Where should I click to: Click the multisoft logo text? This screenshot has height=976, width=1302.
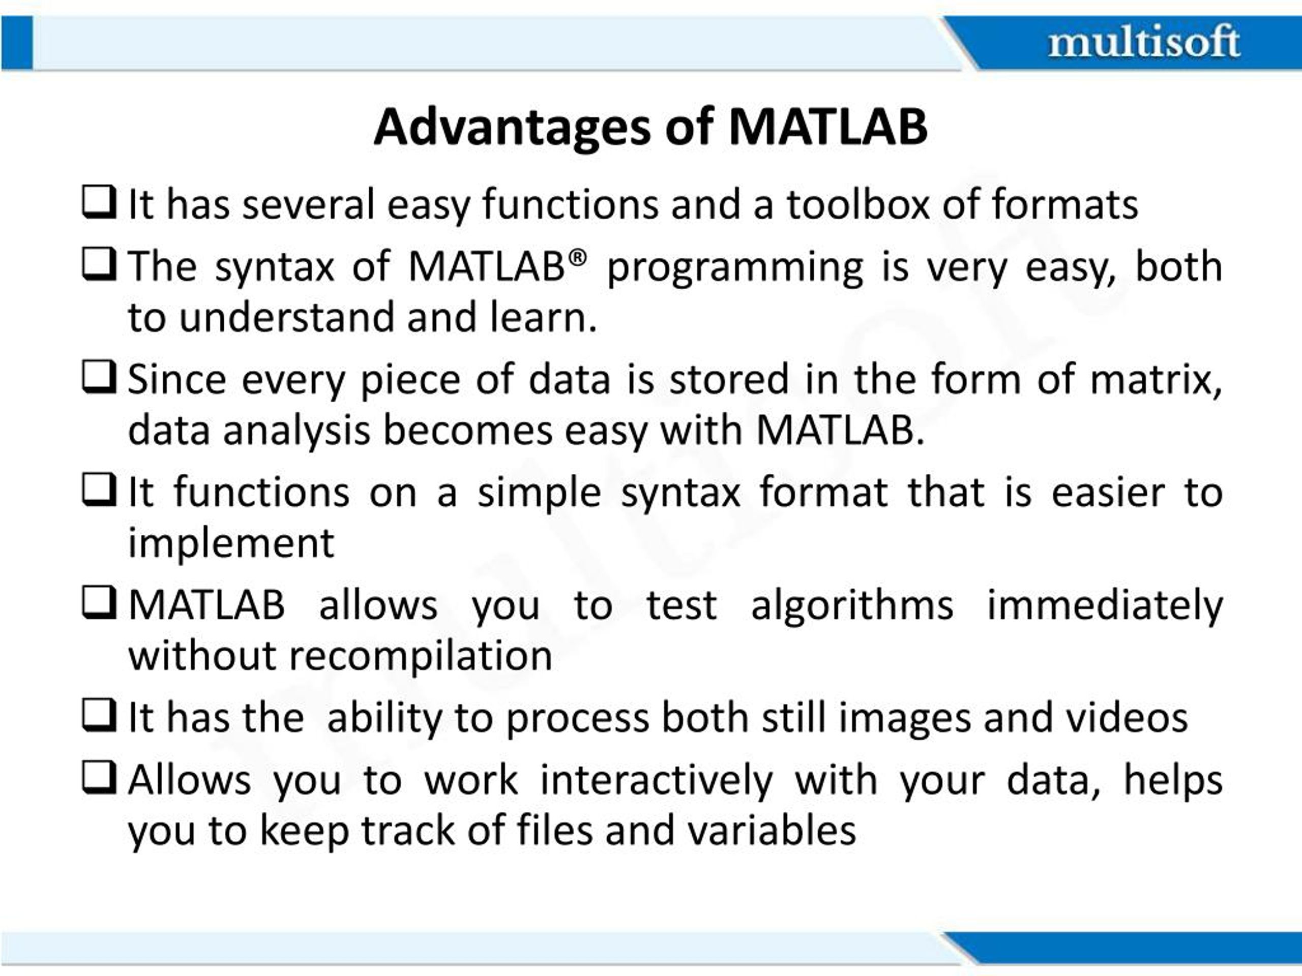click(x=1144, y=42)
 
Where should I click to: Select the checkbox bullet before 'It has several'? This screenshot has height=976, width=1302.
click(x=98, y=202)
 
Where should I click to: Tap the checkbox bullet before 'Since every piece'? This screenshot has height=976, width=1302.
click(x=98, y=377)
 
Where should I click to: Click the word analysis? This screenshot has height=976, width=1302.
click(x=297, y=430)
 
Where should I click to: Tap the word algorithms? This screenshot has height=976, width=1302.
click(x=852, y=606)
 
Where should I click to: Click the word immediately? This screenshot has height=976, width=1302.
click(x=1105, y=606)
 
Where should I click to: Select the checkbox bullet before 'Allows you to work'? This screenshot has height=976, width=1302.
click(x=98, y=778)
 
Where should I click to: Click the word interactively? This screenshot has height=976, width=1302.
click(x=656, y=781)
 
